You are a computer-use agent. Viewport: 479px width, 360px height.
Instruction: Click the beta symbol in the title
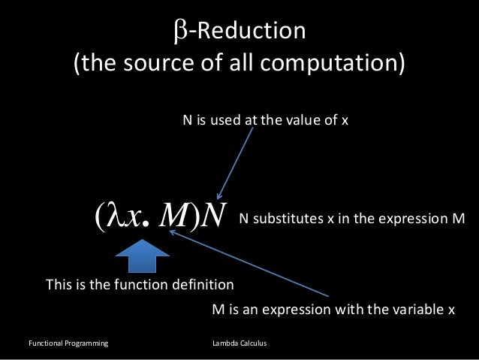tap(179, 32)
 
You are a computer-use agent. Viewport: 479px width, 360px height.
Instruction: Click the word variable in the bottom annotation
tap(417, 309)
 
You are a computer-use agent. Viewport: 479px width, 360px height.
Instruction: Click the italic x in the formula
tap(135, 217)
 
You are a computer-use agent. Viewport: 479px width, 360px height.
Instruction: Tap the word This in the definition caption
tap(59, 286)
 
